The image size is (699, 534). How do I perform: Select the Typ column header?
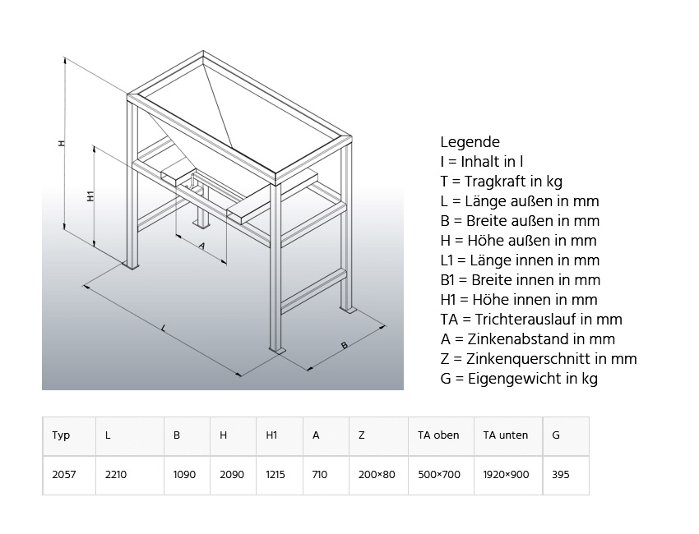click(x=61, y=435)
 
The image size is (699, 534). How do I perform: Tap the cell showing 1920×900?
click(x=507, y=475)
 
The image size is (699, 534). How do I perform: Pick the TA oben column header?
click(x=438, y=435)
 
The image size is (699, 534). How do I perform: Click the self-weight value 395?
click(x=561, y=475)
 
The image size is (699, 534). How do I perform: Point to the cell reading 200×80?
click(x=377, y=475)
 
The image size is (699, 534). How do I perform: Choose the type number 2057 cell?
click(x=64, y=475)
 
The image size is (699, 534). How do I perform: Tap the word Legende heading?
click(x=470, y=142)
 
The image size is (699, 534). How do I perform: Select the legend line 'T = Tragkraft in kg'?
click(x=501, y=182)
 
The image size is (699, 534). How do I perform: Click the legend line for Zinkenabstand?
click(x=527, y=338)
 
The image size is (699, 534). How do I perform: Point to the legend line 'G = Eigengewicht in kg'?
click(x=519, y=378)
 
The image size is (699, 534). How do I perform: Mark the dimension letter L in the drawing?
click(x=164, y=329)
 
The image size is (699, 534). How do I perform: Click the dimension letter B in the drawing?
click(x=344, y=345)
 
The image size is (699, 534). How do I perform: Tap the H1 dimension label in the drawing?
click(x=90, y=196)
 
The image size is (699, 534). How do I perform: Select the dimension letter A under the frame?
click(x=201, y=245)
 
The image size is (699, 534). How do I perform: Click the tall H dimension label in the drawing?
click(x=60, y=143)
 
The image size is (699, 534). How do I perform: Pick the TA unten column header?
click(x=506, y=435)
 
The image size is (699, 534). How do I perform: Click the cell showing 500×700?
click(x=439, y=475)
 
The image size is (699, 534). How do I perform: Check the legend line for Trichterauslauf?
click(x=531, y=319)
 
